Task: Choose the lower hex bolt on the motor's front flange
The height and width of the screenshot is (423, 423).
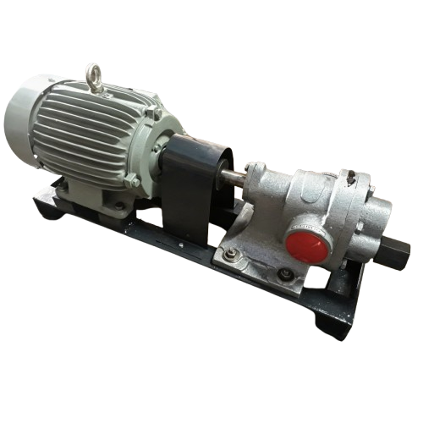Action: click(x=132, y=181)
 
